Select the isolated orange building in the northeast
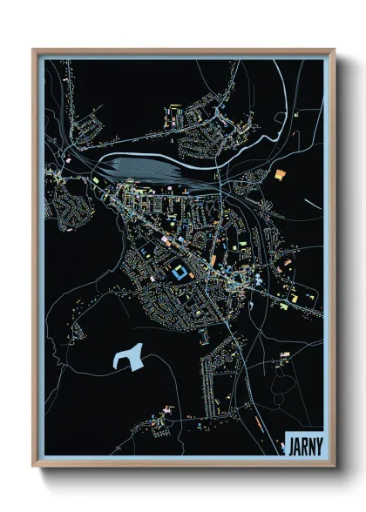(x=280, y=174)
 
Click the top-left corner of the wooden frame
(x=34, y=50)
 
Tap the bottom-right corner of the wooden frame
(x=334, y=466)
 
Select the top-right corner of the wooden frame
(x=334, y=50)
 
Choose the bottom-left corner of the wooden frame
(x=34, y=466)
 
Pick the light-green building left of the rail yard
(x=96, y=180)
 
